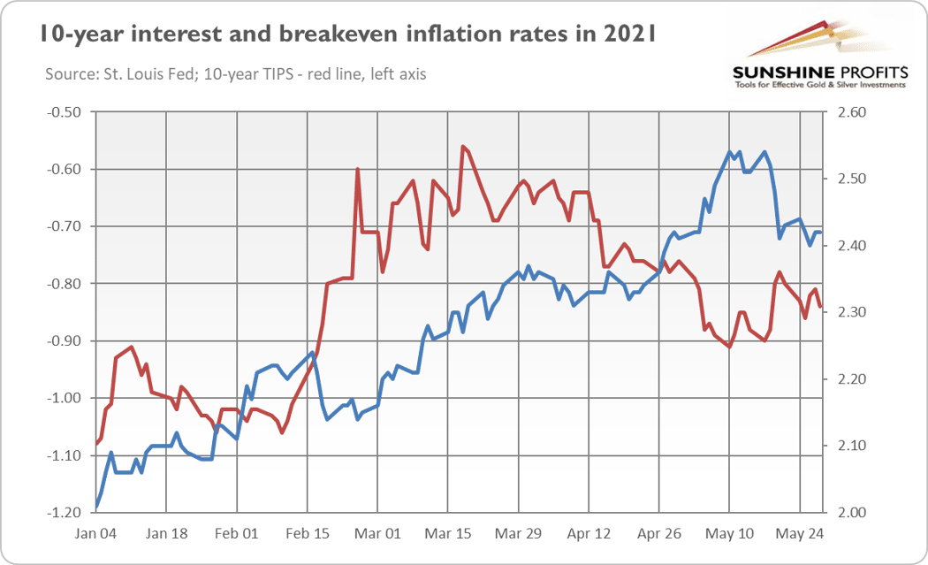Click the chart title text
[x=348, y=34]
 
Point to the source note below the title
[x=236, y=74]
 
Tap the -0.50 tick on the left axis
[x=64, y=112]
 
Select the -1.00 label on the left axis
[x=64, y=398]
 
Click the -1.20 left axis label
[x=64, y=512]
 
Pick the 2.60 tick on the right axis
[x=852, y=112]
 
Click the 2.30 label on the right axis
[x=852, y=312]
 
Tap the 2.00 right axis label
[x=852, y=512]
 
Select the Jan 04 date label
[x=95, y=534]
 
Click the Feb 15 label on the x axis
[x=308, y=534]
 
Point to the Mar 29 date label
[x=518, y=534]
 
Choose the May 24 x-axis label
[x=800, y=534]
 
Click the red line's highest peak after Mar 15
[x=463, y=146]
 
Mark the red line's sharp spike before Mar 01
[x=357, y=170]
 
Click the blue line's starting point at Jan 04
[x=95, y=508]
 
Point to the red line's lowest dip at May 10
[x=730, y=347]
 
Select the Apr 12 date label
[x=589, y=534]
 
